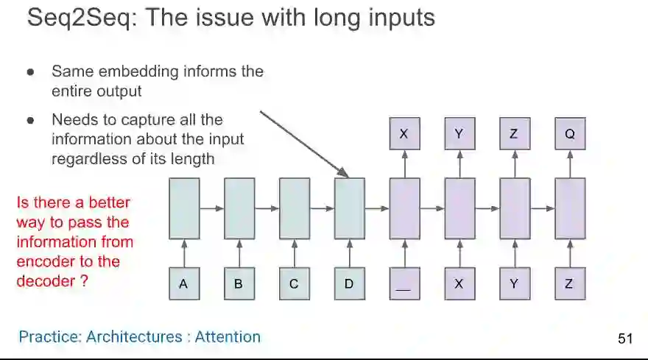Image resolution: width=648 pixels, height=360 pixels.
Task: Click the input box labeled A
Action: (183, 284)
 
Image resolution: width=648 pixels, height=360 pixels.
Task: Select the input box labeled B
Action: (239, 284)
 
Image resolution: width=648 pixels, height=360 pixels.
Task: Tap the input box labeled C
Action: (294, 284)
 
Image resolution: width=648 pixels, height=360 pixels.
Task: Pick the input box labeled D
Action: (349, 284)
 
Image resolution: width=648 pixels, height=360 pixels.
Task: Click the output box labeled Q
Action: (570, 134)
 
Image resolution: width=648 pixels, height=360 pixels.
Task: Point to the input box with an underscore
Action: (404, 284)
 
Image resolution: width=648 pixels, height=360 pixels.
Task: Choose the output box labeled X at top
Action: (404, 134)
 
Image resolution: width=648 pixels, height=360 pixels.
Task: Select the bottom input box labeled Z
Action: (570, 284)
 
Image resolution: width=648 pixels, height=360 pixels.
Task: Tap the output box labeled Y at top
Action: (459, 134)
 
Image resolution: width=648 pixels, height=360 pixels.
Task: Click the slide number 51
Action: (625, 339)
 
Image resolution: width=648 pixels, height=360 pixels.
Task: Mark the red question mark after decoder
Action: (84, 281)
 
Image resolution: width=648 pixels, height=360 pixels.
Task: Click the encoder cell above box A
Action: (183, 208)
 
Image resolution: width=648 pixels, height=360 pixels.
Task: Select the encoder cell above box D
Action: (349, 208)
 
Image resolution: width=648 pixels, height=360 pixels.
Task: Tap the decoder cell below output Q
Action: (570, 208)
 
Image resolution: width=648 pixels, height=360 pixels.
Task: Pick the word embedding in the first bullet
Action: (135, 72)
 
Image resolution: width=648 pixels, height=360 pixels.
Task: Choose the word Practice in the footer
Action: (49, 337)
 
